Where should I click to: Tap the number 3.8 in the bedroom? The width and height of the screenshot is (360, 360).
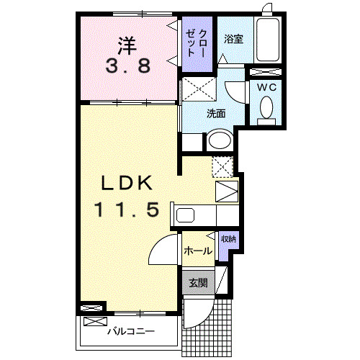(129, 67)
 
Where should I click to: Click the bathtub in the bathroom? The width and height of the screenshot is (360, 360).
(268, 40)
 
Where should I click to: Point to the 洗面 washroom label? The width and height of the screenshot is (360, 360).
(216, 114)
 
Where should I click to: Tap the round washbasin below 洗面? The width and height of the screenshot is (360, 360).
(219, 140)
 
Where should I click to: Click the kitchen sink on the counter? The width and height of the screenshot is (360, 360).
(185, 215)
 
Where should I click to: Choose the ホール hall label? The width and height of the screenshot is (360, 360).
(198, 251)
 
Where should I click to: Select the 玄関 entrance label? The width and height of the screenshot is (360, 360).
(198, 283)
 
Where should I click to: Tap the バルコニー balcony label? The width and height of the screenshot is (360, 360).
(131, 332)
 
